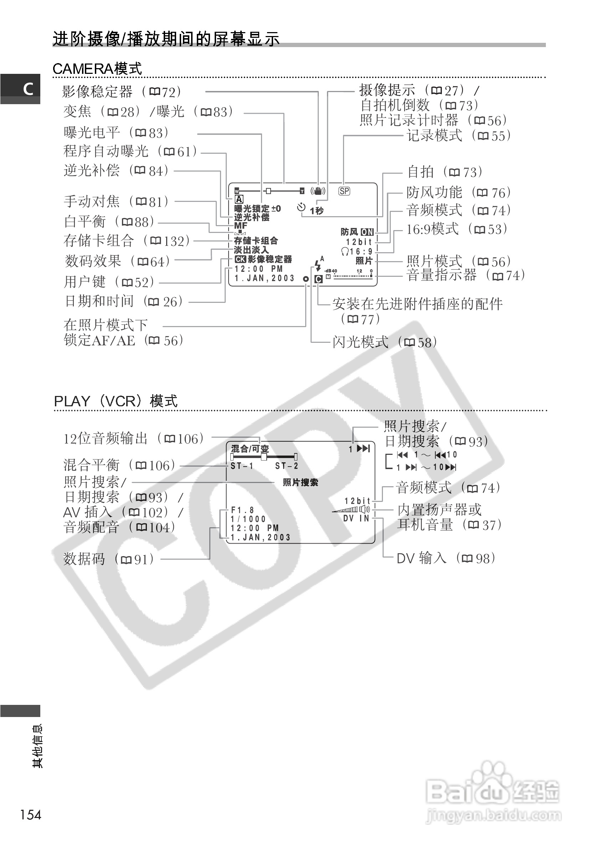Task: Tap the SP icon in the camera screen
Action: pyautogui.click(x=344, y=191)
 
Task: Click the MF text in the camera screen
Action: pyautogui.click(x=241, y=225)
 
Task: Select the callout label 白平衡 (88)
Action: pyautogui.click(x=109, y=222)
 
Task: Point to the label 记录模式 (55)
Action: pyautogui.click(x=459, y=136)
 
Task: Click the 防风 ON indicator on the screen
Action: pyautogui.click(x=357, y=232)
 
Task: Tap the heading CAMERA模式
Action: pyautogui.click(x=97, y=69)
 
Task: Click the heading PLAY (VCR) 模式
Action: pyautogui.click(x=116, y=401)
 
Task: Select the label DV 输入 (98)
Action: pyautogui.click(x=446, y=558)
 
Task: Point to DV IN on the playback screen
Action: pyautogui.click(x=356, y=518)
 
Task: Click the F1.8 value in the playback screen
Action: pyautogui.click(x=242, y=510)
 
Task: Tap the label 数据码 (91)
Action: pyautogui.click(x=108, y=559)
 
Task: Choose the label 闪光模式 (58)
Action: pyautogui.click(x=385, y=342)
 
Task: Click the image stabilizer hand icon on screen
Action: pyautogui.click(x=318, y=191)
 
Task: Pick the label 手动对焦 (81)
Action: pyautogui.click(x=116, y=202)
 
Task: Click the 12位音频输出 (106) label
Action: pyautogui.click(x=134, y=439)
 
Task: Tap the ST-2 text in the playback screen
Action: pyautogui.click(x=286, y=466)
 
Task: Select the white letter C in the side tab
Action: pyautogui.click(x=28, y=89)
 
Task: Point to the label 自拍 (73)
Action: pyautogui.click(x=445, y=172)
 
